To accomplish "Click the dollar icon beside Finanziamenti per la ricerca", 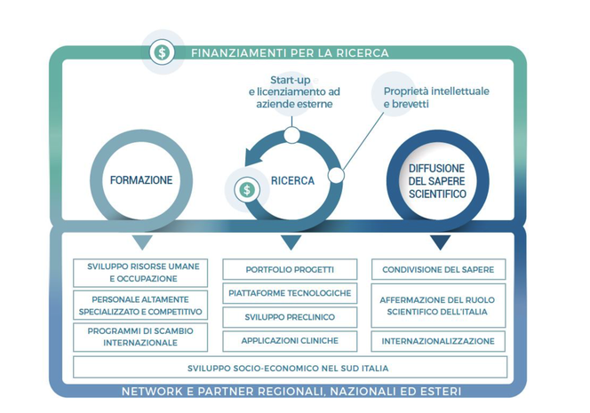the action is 162,52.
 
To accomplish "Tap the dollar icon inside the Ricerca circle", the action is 247,189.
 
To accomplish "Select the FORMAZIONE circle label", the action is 141,180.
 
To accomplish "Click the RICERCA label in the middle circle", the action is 292,181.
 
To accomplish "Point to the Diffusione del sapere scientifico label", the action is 437,181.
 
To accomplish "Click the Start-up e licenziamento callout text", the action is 294,92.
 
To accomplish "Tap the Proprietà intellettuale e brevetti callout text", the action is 436,98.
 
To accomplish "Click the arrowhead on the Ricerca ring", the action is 254,156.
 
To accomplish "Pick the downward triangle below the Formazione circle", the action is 142,242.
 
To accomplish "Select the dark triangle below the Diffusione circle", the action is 440,242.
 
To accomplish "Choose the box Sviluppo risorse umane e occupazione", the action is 140,273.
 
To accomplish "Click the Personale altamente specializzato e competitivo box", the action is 140,305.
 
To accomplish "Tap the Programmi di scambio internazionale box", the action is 140,337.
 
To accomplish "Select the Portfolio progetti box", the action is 290,269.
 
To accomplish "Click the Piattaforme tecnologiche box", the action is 290,293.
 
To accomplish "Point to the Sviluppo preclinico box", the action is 290,317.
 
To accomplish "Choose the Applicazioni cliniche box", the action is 290,341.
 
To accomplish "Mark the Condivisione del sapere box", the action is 438,269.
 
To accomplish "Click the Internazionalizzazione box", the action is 438,341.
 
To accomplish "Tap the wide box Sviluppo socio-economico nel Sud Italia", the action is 290,368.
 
